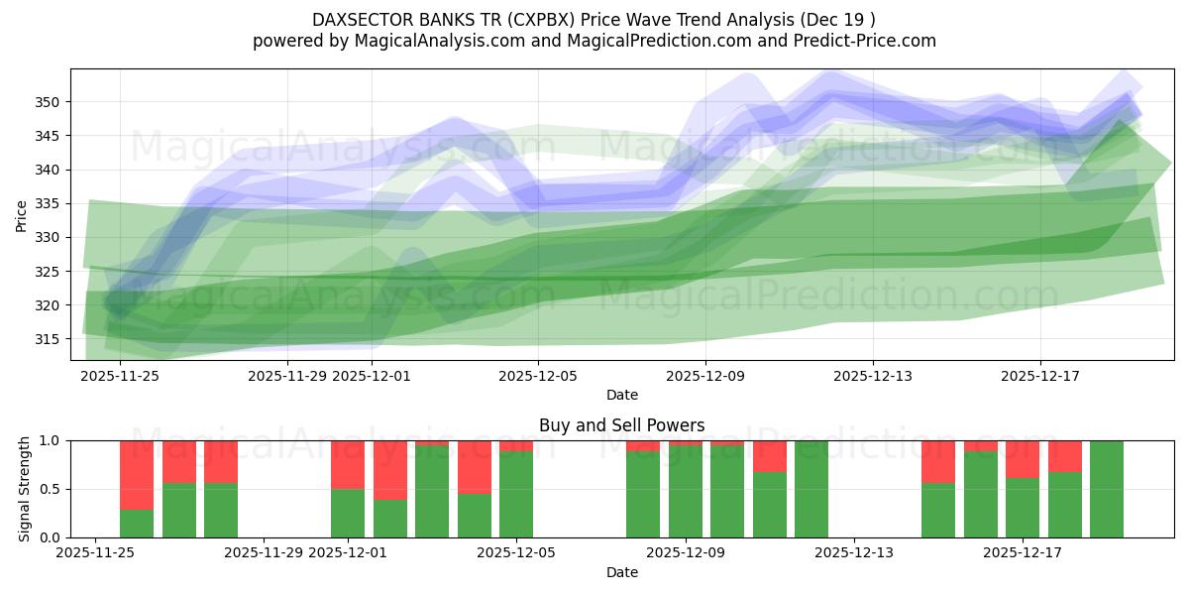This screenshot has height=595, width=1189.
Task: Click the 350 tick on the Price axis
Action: click(50, 102)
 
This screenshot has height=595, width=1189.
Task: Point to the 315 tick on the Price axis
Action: click(50, 339)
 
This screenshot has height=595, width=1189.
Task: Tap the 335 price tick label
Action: click(50, 203)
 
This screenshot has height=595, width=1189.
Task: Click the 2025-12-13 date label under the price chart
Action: click(872, 376)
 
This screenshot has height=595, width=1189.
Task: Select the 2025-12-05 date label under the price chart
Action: click(538, 376)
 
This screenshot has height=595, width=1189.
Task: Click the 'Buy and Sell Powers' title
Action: click(621, 425)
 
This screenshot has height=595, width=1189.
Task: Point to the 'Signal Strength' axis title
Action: click(26, 489)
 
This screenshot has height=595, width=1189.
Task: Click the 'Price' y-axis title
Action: click(22, 215)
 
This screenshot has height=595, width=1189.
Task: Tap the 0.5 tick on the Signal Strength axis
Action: click(50, 489)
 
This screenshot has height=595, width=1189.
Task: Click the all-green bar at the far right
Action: click(1107, 489)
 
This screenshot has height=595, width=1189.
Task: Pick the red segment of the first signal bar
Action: click(137, 474)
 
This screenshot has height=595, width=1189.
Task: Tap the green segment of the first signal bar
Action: click(137, 524)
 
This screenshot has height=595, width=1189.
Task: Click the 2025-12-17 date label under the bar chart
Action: click(1023, 553)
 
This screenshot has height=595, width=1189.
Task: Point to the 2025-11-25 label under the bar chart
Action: click(95, 553)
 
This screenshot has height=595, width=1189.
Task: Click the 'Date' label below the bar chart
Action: click(621, 572)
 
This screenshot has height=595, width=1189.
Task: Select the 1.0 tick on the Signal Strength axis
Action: click(50, 440)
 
